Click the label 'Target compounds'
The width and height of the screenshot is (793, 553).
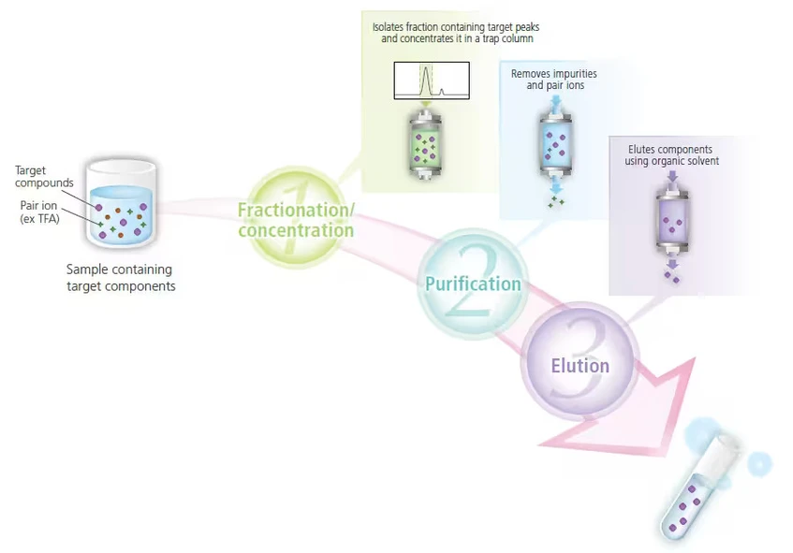tap(44, 177)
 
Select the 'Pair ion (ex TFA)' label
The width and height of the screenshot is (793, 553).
tap(39, 211)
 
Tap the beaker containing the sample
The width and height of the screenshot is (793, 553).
tap(121, 204)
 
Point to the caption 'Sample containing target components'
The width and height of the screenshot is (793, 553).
tap(121, 278)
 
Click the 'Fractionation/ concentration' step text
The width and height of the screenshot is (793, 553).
tap(297, 220)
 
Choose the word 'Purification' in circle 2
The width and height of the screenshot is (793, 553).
tap(473, 284)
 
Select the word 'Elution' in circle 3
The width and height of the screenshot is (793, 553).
tap(580, 366)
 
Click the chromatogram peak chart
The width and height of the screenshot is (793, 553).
tap(432, 80)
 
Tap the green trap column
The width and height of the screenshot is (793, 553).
tap(425, 147)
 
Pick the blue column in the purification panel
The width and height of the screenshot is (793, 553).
tap(556, 145)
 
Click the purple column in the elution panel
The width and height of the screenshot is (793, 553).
tap(672, 222)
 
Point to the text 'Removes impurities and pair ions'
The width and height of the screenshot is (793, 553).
tap(554, 80)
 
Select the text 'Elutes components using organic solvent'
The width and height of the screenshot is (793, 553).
tap(671, 155)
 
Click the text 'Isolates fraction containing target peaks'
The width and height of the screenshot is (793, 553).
tap(456, 27)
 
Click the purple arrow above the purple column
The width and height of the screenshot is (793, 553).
tap(672, 176)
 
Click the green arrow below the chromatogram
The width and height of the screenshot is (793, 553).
tap(426, 104)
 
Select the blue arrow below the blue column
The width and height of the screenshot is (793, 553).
tap(556, 185)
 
